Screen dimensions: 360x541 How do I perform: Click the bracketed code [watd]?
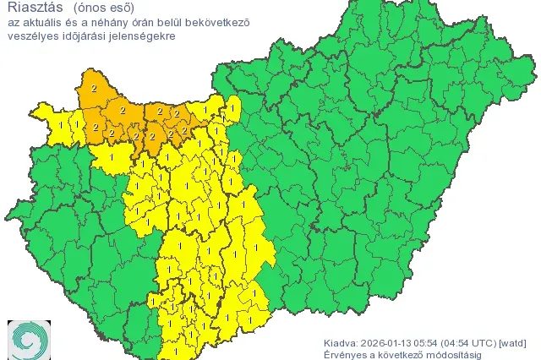click(x=513, y=342)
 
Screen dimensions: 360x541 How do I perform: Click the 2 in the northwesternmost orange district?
click(x=93, y=88)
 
